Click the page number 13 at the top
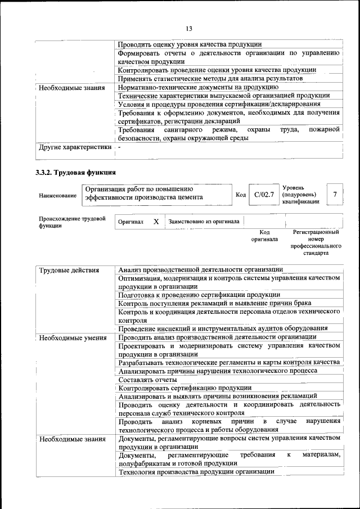point(188,29)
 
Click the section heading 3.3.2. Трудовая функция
point(76,172)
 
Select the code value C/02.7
point(264,195)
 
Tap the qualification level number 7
point(335,195)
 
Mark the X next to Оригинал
point(156,222)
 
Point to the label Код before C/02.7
point(241,195)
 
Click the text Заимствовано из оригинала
point(204,222)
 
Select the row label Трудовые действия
point(69,271)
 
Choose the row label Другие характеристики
point(75,147)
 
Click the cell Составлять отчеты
point(144,380)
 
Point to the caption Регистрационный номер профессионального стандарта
point(316,243)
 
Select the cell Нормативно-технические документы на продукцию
point(198,87)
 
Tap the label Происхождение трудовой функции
point(72,222)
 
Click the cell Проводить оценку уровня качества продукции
point(190,44)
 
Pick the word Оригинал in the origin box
point(130,222)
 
